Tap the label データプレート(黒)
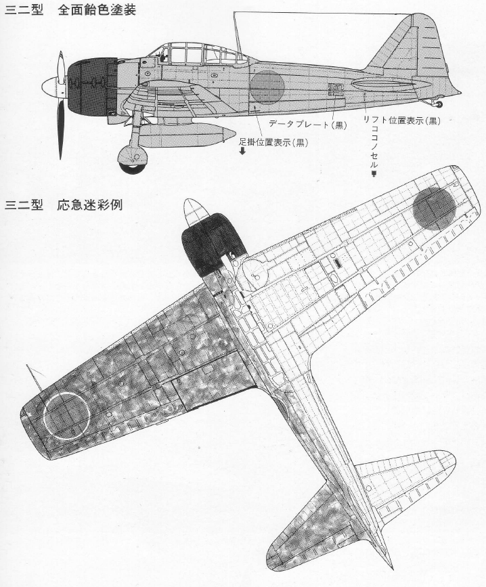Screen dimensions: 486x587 coord(307,125)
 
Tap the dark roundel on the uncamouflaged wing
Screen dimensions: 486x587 coord(434,208)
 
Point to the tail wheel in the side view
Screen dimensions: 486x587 coord(439,105)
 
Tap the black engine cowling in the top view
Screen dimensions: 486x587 coord(212,244)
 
